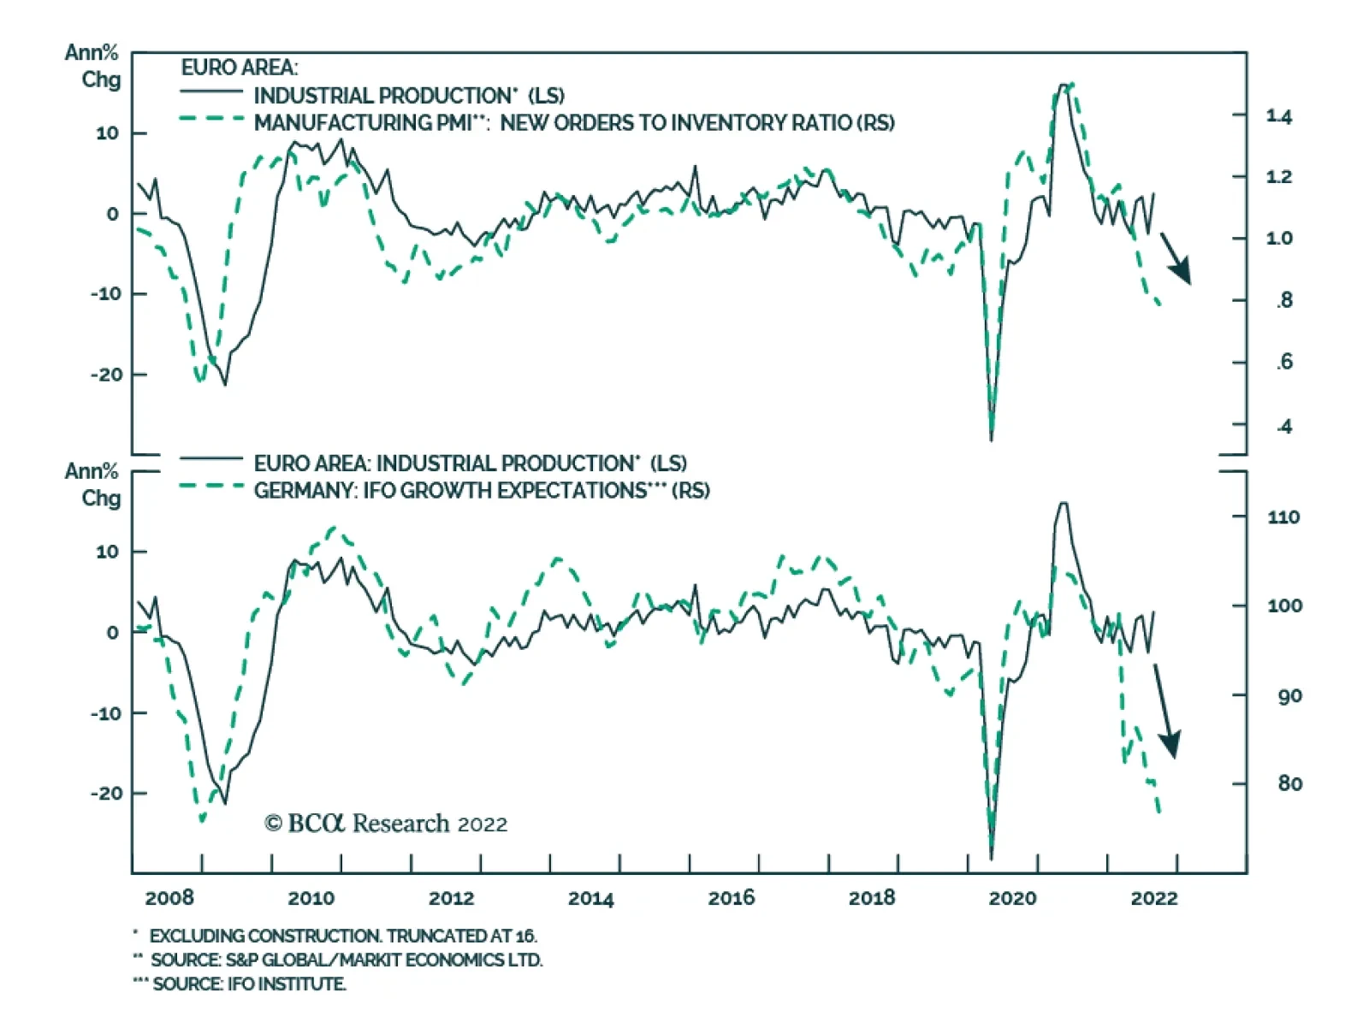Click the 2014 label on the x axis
tap(590, 898)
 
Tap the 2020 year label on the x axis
tap(1012, 898)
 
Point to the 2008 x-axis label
tap(169, 898)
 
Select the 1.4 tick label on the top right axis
tap(1279, 116)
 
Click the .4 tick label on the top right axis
tap(1283, 426)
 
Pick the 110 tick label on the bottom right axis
tap(1283, 517)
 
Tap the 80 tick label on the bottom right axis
tap(1289, 783)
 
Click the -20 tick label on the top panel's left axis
tap(107, 375)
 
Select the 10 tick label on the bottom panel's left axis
tap(107, 552)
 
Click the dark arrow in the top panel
tap(1176, 257)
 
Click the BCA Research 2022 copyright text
tap(386, 824)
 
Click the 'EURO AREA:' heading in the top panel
tap(239, 68)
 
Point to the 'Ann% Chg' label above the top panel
tap(92, 66)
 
